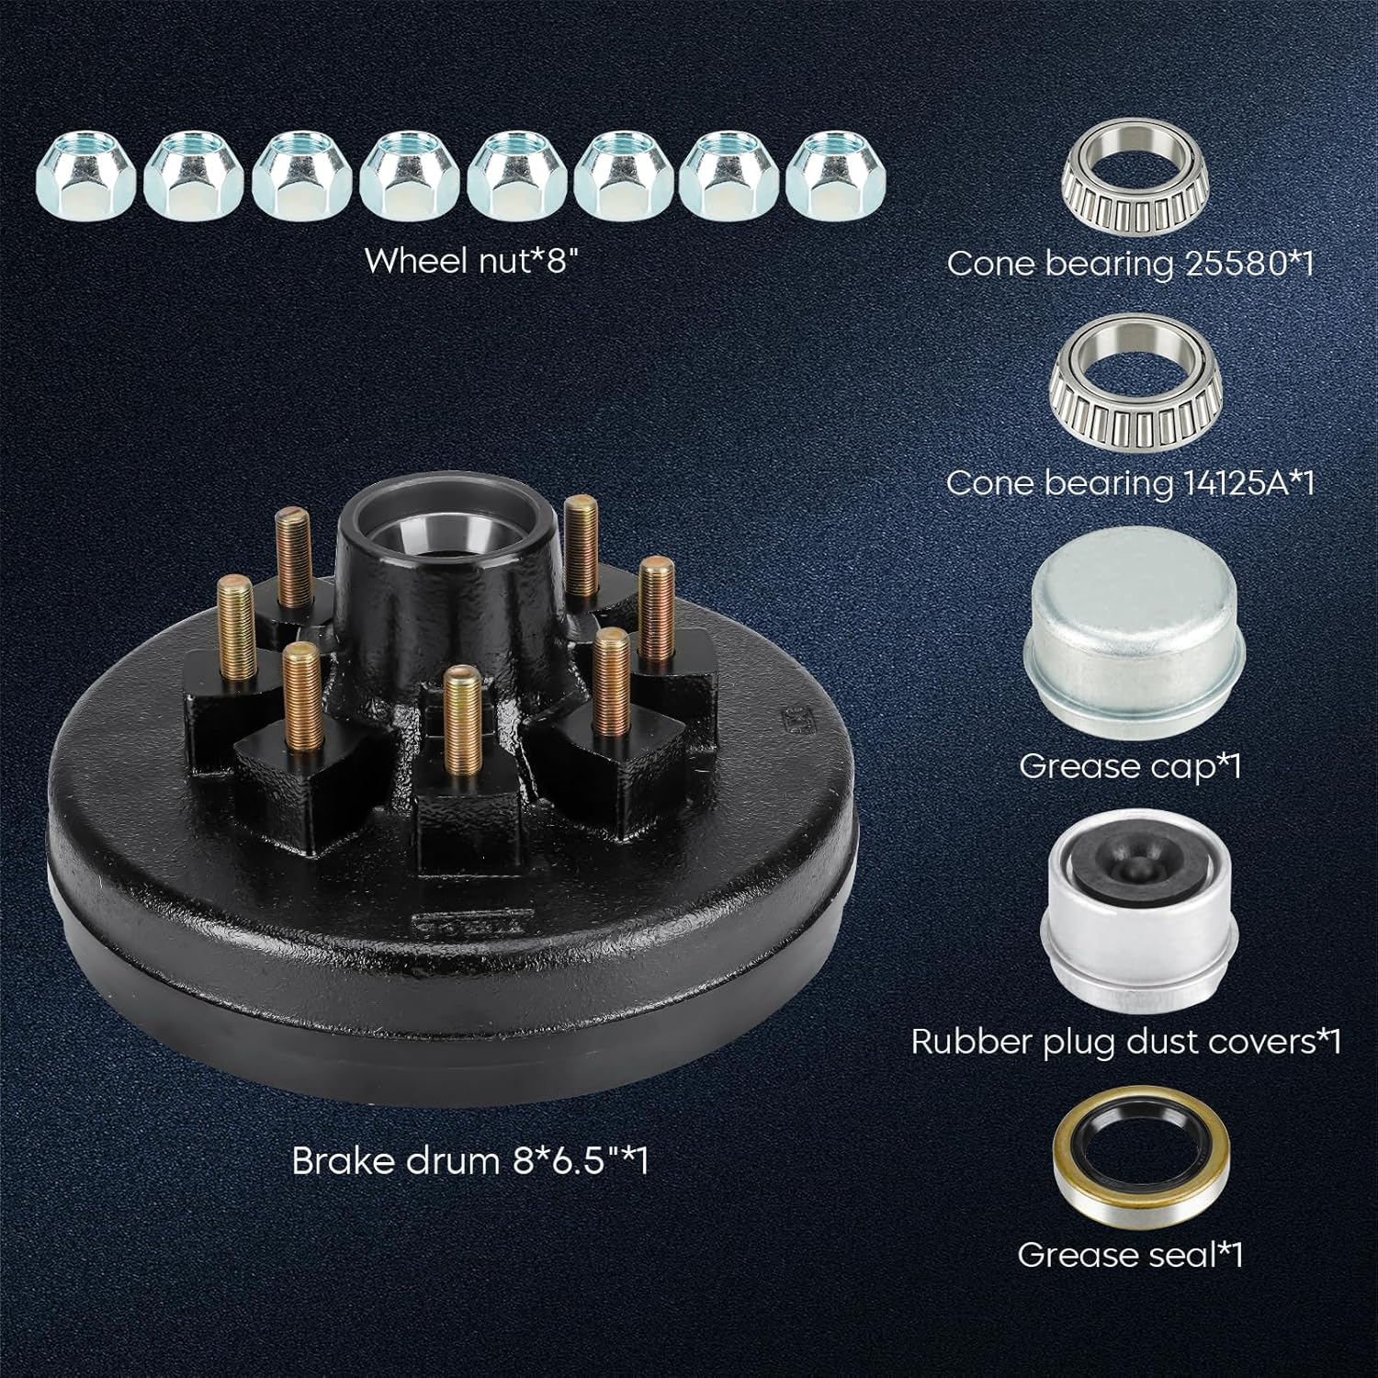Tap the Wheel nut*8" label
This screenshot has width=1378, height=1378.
click(x=474, y=260)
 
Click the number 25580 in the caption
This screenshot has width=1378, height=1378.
click(x=1229, y=264)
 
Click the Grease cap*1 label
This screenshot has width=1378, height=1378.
click(x=1130, y=765)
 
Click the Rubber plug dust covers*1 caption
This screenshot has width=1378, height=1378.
click(x=1126, y=1041)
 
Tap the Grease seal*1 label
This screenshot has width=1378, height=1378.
click(x=1130, y=1255)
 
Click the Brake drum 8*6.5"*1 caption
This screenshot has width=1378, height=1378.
click(x=469, y=1161)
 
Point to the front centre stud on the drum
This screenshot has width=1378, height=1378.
click(x=456, y=730)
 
